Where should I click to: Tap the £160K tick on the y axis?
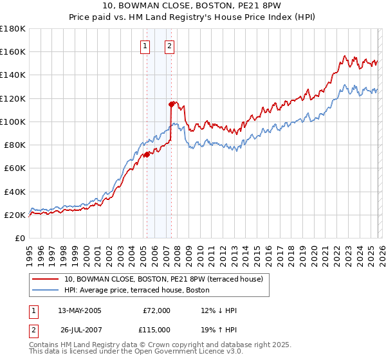pos(13,51)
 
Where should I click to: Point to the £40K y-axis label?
pos(14,192)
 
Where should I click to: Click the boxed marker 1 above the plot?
pos(145,46)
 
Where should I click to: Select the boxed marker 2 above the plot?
pos(169,46)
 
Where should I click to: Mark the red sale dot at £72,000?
pos(147,154)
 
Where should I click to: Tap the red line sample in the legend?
pos(45,279)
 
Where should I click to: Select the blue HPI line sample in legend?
pos(45,290)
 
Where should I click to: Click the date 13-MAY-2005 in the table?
pos(80,310)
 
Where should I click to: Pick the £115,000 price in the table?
pos(156,328)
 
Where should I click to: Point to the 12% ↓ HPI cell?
pos(219,310)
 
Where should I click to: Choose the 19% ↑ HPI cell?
pos(219,328)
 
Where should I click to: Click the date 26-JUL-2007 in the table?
pos(80,328)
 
